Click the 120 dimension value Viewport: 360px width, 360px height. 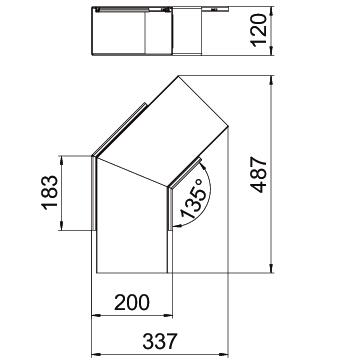tap(259, 30)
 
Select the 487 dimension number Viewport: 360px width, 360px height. tap(259, 174)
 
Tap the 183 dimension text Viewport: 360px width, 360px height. tap(49, 194)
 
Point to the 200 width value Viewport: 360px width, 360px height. tap(132, 302)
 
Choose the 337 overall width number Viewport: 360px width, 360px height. tap(159, 341)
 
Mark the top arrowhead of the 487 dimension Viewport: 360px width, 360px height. tap(271, 80)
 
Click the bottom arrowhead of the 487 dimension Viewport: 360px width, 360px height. tap(271, 268)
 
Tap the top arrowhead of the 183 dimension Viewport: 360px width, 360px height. tap(61, 160)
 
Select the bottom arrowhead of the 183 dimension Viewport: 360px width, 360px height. tap(61, 225)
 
